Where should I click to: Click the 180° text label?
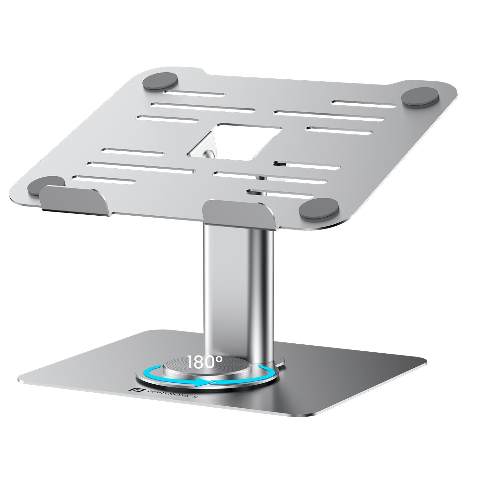(x=205, y=362)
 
